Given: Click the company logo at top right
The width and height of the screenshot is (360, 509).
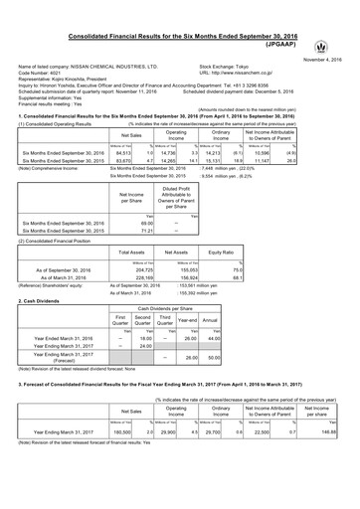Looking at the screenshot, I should pos(345,19).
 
